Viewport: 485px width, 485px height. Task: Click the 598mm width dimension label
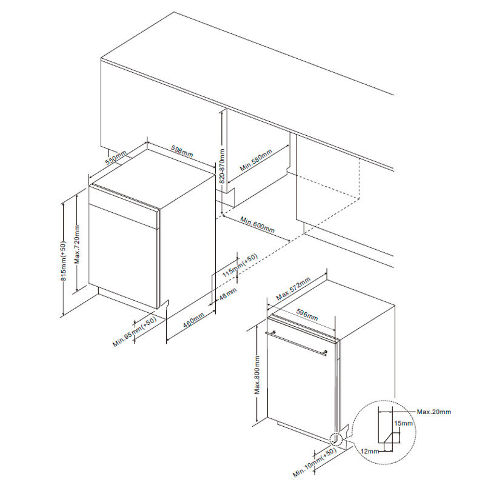coord(181,152)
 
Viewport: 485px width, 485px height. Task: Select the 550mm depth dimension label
coord(117,158)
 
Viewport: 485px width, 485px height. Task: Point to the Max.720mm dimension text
coord(77,249)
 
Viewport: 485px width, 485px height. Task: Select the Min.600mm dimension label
coord(257,226)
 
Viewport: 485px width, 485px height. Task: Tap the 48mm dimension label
coord(227,293)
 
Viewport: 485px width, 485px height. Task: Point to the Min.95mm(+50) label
coord(135,332)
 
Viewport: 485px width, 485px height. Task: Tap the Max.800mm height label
coord(257,376)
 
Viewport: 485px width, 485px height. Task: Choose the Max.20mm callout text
coord(434,412)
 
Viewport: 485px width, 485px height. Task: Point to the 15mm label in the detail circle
coord(403,423)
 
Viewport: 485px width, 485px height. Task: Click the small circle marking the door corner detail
coord(334,438)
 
